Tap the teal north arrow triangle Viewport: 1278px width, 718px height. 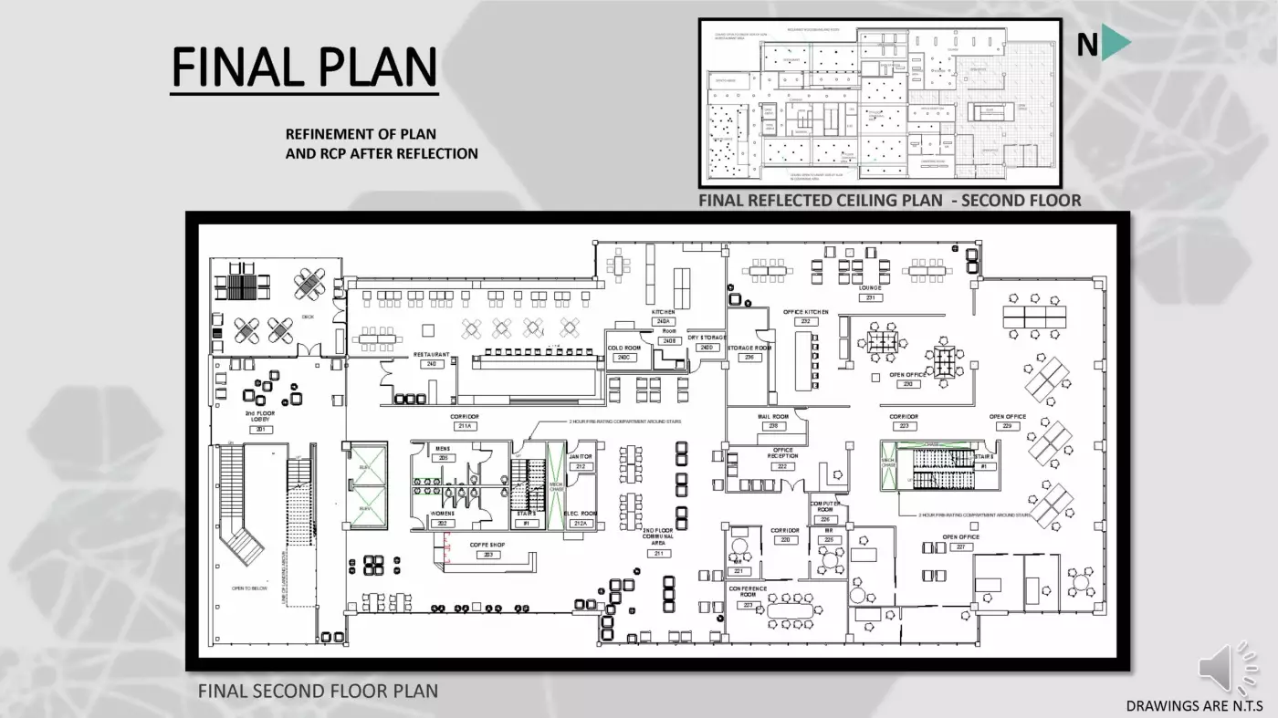(1115, 44)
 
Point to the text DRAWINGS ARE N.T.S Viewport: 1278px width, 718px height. (1193, 705)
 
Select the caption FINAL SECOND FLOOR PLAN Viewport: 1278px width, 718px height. (318, 691)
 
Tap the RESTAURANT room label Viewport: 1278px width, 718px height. (431, 355)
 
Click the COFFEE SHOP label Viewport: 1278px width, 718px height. (487, 545)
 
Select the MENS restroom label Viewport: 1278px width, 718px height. (443, 449)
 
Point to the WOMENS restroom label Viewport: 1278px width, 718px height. (443, 514)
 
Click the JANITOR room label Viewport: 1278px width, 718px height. (581, 456)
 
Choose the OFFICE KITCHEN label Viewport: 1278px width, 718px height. (805, 312)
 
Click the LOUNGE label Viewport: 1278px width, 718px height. (870, 288)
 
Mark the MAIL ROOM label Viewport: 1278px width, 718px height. (772, 416)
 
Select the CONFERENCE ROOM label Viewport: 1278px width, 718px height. (748, 592)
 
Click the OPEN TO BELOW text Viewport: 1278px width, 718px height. (249, 588)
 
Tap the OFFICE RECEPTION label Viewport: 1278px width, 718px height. (782, 453)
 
